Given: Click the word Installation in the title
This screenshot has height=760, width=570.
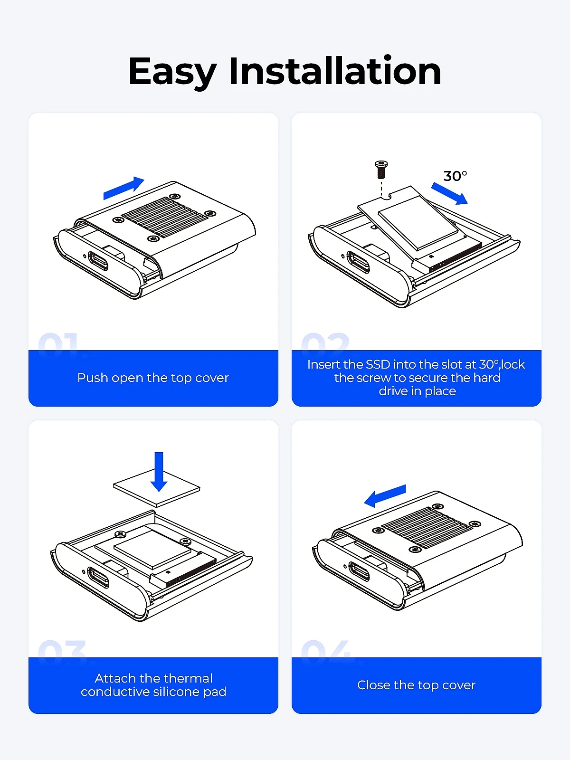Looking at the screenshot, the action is tap(335, 70).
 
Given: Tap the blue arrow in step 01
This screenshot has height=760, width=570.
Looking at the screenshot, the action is tap(123, 189).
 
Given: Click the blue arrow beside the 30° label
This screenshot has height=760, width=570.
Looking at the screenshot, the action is tap(449, 193).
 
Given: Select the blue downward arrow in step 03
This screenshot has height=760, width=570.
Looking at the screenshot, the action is tap(159, 472).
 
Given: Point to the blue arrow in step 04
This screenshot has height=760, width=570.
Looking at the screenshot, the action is tap(385, 496).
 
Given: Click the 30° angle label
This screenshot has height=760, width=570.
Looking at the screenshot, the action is tap(455, 176).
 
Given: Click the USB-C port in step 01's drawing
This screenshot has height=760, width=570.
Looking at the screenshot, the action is tap(98, 261).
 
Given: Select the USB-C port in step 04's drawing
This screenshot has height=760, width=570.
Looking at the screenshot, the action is tap(359, 571).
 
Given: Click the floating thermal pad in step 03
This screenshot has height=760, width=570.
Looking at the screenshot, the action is tap(157, 488).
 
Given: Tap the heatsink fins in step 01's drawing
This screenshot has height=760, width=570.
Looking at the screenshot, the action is tap(164, 217).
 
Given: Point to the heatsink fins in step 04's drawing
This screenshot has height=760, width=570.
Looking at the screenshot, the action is tap(427, 528).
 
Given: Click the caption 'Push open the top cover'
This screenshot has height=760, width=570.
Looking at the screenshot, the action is tap(153, 378).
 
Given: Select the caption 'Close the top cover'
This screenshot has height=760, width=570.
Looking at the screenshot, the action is tap(417, 685).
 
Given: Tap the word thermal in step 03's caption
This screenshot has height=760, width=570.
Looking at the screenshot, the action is tap(189, 679).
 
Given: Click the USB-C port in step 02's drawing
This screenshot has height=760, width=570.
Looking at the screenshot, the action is tap(359, 262).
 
